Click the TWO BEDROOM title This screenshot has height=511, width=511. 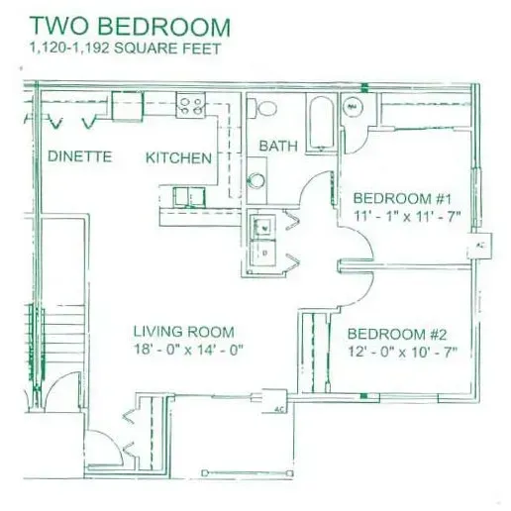[x=130, y=26]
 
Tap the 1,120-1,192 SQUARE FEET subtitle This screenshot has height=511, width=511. [x=125, y=49]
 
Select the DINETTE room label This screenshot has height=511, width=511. [x=79, y=156]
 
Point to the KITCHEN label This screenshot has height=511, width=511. [x=178, y=157]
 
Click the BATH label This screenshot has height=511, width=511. [x=278, y=146]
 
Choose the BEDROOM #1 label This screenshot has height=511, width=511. [x=402, y=198]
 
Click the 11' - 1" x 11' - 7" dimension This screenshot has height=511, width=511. [x=407, y=217]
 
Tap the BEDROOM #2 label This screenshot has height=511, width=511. [x=397, y=334]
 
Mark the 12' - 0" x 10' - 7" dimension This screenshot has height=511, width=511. [x=402, y=352]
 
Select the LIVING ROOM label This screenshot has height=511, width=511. [x=183, y=332]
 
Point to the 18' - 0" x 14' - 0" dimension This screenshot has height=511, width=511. [x=188, y=350]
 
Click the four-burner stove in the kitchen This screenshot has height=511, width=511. [x=190, y=105]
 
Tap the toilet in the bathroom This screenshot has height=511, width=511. [x=261, y=108]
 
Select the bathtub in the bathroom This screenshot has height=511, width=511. [x=321, y=123]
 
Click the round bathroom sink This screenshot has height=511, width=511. [x=256, y=180]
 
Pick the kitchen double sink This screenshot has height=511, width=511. [x=189, y=197]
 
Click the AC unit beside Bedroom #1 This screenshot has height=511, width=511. [x=479, y=246]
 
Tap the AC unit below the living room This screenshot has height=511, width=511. [x=274, y=401]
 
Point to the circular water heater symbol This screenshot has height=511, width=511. [x=353, y=107]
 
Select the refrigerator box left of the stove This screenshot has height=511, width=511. [x=128, y=106]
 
